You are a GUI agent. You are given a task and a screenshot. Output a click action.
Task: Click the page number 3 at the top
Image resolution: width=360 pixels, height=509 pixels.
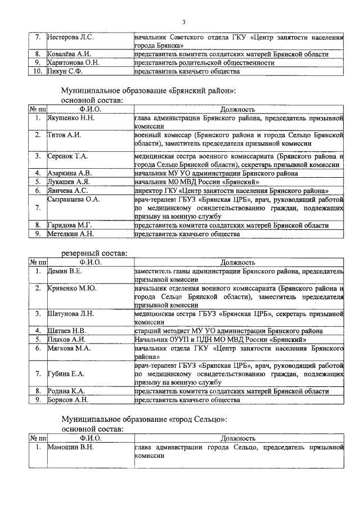click(x=183, y=22)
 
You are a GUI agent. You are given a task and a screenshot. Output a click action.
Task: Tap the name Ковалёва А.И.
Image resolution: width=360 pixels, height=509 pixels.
click(x=70, y=54)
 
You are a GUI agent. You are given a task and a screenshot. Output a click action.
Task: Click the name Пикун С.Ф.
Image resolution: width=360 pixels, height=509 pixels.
click(x=65, y=71)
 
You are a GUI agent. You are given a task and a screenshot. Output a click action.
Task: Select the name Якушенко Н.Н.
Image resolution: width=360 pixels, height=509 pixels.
click(x=71, y=118)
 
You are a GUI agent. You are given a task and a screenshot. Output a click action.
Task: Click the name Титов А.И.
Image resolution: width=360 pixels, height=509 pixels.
click(x=64, y=136)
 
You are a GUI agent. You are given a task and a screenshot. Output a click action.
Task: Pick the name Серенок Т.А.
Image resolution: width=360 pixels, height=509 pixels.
click(x=67, y=156)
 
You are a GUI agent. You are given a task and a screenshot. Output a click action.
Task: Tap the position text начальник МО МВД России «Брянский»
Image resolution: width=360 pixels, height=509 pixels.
click(x=196, y=182)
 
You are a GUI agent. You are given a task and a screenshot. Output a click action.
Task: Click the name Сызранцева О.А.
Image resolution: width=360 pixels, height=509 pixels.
click(x=74, y=199)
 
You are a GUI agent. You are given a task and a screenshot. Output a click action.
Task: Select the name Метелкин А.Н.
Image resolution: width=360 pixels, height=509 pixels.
click(x=70, y=233)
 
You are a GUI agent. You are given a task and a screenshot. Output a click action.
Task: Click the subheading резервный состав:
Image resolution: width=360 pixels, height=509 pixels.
click(x=94, y=254)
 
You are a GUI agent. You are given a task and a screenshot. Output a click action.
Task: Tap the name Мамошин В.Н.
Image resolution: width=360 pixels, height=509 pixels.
click(x=70, y=447)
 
